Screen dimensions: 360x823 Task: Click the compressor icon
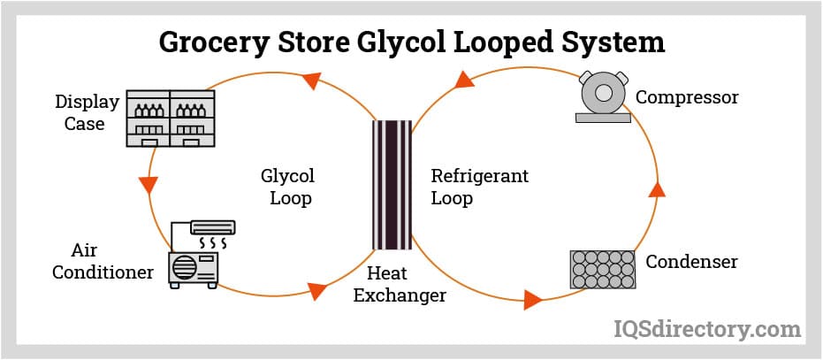point(605,96)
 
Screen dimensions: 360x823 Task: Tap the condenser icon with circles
point(603,269)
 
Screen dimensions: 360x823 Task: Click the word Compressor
point(687,96)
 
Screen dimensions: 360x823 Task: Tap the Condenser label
point(691,262)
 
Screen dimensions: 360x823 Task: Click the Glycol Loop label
point(288,187)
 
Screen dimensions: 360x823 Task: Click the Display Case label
point(87,112)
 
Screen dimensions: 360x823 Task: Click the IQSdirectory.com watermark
point(707,329)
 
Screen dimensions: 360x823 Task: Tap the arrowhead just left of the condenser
point(531,300)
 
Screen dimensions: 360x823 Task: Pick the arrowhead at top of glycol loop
point(310,81)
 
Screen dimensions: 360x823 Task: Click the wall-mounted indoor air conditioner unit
point(210,226)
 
